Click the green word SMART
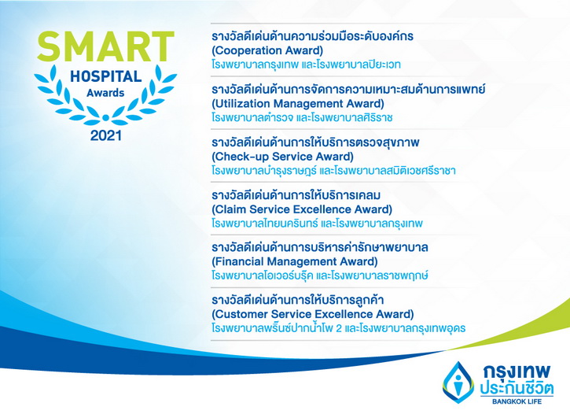pyautogui.click(x=105, y=46)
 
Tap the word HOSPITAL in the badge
pyautogui.click(x=106, y=76)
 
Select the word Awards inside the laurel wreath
pyautogui.click(x=105, y=93)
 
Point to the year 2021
pyautogui.click(x=106, y=135)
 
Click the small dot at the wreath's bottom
pyautogui.click(x=106, y=117)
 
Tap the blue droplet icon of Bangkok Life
pyautogui.click(x=458, y=382)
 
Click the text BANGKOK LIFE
pyautogui.click(x=517, y=401)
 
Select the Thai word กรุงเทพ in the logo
pyautogui.click(x=517, y=371)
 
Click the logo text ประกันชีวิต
pyautogui.click(x=517, y=389)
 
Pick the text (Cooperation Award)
pyautogui.click(x=267, y=50)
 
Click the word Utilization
pyautogui.click(x=242, y=104)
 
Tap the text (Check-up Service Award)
pyautogui.click(x=282, y=157)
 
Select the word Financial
pyautogui.click(x=239, y=261)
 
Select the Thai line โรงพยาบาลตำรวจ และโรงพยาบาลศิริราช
pyautogui.click(x=302, y=117)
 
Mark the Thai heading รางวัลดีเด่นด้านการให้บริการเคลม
pyautogui.click(x=296, y=195)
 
